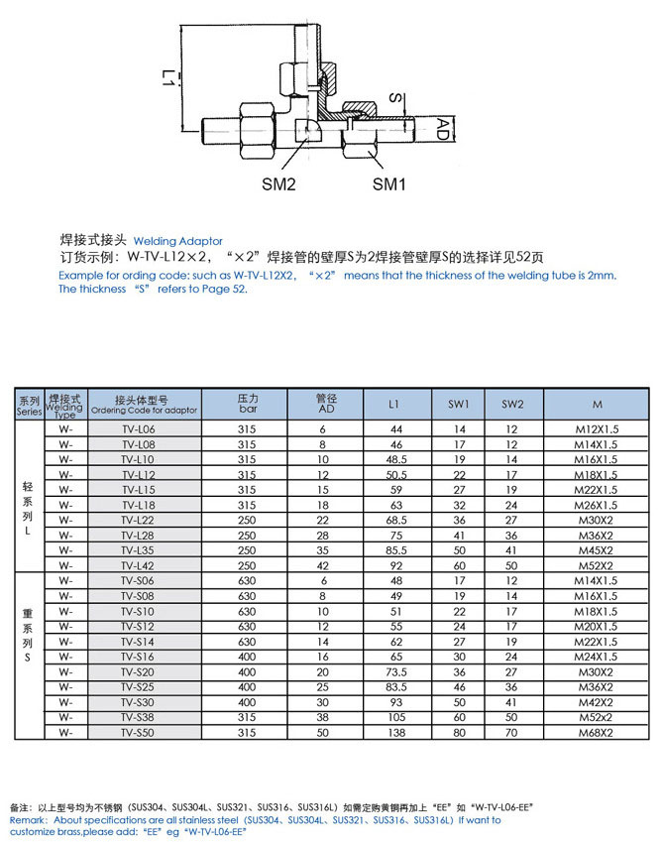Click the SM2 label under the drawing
[x=278, y=183]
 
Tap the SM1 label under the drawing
[x=389, y=183]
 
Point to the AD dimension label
[x=445, y=128]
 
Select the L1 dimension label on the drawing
[x=170, y=77]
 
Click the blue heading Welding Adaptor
[x=178, y=241]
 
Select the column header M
[x=597, y=404]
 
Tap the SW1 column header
[x=459, y=404]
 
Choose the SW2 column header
[x=511, y=404]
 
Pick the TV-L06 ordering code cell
[x=145, y=428]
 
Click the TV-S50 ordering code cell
[x=145, y=732]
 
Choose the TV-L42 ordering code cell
[x=145, y=564]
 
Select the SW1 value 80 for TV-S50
[x=459, y=732]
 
